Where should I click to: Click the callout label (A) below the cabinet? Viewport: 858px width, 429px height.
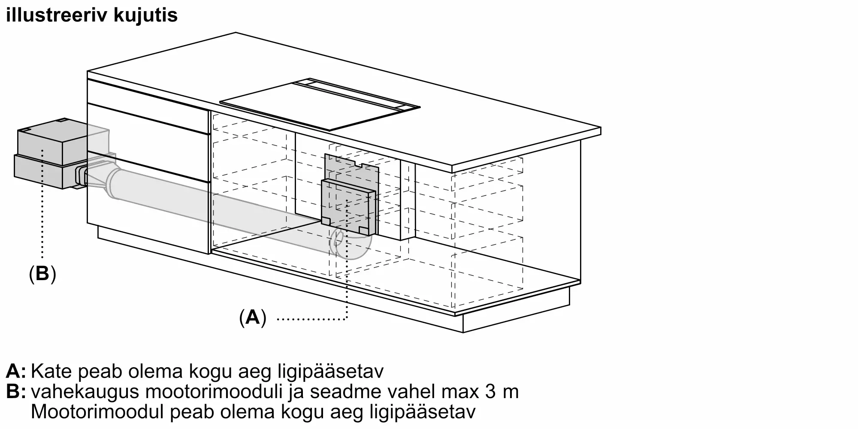pyautogui.click(x=253, y=317)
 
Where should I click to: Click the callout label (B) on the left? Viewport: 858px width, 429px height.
pyautogui.click(x=42, y=273)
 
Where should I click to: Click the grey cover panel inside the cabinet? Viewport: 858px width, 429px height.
pyautogui.click(x=348, y=207)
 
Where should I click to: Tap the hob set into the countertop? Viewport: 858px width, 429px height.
pyautogui.click(x=320, y=104)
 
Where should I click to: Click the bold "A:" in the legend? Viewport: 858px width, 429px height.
pyautogui.click(x=16, y=371)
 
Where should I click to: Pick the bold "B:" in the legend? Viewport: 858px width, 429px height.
pyautogui.click(x=16, y=392)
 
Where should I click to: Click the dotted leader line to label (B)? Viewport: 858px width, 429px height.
pyautogui.click(x=42, y=203)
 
